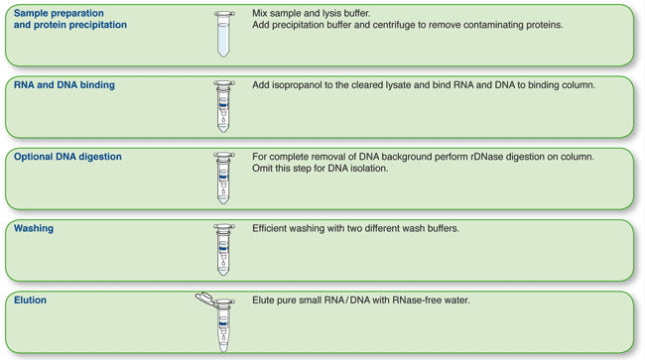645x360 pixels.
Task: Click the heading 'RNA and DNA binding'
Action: point(64,85)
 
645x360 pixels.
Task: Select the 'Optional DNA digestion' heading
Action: point(68,157)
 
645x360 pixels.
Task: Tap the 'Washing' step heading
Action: point(34,228)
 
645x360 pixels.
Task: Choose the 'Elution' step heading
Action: point(31,300)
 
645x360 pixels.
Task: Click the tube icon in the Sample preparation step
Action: point(224,34)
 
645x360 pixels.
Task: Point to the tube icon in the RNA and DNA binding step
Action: point(224,106)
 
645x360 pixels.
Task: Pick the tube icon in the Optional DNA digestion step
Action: point(224,178)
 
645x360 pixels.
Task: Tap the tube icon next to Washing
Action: point(224,249)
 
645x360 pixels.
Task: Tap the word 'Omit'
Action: point(264,169)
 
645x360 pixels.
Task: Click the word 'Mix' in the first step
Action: point(261,14)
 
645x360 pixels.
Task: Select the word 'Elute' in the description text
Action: point(266,300)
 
